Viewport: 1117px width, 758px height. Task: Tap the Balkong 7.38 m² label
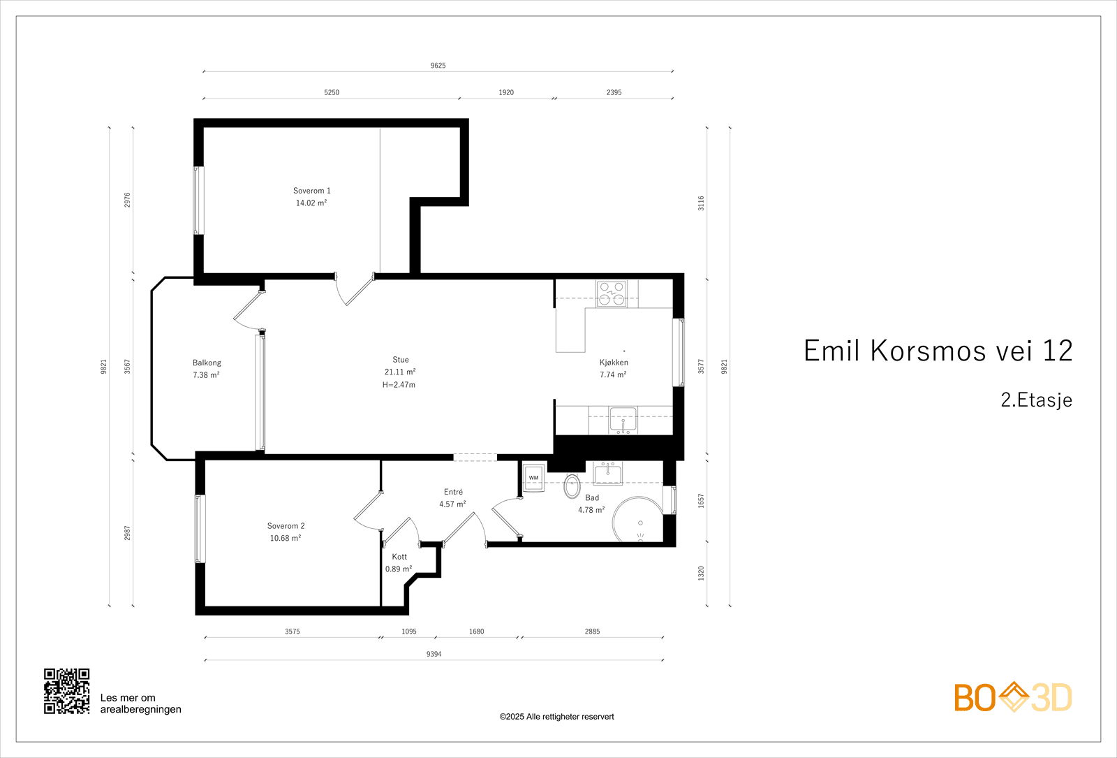point(207,369)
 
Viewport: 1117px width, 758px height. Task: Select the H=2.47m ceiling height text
point(399,385)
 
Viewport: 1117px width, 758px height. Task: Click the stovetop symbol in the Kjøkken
point(612,293)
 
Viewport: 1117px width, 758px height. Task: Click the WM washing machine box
point(533,478)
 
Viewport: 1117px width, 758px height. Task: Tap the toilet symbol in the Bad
point(572,486)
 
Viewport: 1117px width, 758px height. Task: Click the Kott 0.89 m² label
point(399,563)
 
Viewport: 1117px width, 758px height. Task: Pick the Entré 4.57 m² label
point(453,498)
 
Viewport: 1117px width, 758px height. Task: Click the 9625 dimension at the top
point(438,66)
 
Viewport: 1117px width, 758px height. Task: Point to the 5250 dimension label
point(332,92)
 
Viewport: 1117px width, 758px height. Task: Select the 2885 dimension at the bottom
point(592,632)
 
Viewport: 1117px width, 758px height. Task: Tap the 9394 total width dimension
point(434,655)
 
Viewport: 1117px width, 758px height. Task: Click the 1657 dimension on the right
point(701,501)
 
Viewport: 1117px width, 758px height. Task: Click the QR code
point(67,691)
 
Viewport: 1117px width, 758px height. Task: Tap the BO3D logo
point(1013,697)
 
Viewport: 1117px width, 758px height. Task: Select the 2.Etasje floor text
point(1036,400)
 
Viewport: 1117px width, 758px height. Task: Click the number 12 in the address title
point(1057,351)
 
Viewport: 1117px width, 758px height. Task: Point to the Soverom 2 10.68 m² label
point(286,532)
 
